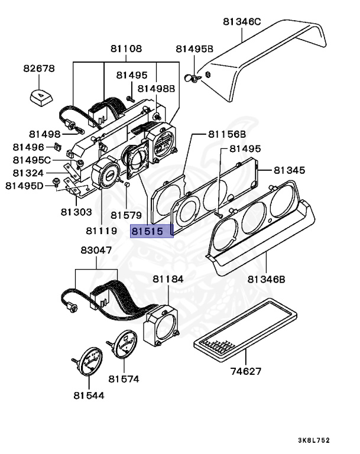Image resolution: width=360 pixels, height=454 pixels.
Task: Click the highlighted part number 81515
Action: (150, 231)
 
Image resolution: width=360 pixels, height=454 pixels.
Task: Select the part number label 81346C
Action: (242, 22)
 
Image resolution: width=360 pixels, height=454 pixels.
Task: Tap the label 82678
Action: (39, 69)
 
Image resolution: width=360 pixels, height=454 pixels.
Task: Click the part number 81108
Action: (125, 48)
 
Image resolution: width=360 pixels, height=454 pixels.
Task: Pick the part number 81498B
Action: (156, 88)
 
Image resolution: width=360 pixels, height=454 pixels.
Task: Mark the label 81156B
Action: (227, 135)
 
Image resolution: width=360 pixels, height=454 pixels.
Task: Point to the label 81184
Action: (168, 278)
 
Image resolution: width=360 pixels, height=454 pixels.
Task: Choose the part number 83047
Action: (96, 251)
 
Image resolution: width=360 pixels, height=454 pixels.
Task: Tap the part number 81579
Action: (127, 216)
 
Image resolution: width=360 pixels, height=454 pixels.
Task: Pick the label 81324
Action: (28, 173)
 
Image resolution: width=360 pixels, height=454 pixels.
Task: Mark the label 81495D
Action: (25, 186)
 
